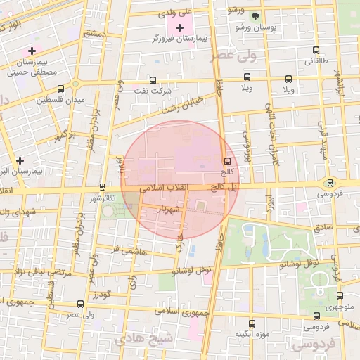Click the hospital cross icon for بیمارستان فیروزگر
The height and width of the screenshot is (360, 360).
[179, 27]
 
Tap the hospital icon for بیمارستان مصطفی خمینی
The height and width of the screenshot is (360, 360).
[32, 51]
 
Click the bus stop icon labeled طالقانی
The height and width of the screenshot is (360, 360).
[314, 51]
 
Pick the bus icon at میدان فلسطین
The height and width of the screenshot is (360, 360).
[60, 89]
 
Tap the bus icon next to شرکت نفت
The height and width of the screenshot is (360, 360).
[153, 81]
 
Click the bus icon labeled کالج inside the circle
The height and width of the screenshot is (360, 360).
[226, 162]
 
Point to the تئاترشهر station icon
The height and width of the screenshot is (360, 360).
[103, 188]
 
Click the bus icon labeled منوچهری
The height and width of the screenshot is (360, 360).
[340, 296]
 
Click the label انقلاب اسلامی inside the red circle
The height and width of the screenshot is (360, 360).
[161, 189]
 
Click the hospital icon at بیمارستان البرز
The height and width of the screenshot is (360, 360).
[20, 160]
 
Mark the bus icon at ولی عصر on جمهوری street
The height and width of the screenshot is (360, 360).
[80, 304]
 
